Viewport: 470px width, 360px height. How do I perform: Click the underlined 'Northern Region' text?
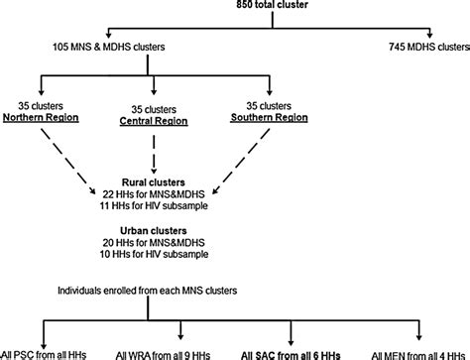(54, 116)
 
